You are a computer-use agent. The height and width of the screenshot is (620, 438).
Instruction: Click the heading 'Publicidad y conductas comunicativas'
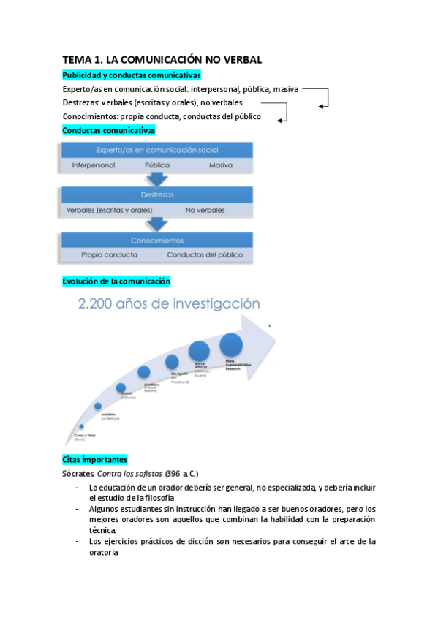132,75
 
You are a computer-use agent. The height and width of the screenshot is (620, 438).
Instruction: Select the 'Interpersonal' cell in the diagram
94,165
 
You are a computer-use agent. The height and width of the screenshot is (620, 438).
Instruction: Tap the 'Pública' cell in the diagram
157,165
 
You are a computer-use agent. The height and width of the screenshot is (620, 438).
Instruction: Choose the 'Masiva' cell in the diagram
220,165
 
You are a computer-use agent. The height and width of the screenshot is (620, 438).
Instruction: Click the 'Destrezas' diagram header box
157,194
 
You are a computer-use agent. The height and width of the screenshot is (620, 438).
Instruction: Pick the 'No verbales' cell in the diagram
205,210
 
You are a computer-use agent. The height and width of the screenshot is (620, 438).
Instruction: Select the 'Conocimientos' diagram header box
157,240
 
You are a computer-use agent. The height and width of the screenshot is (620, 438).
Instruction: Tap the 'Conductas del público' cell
205,255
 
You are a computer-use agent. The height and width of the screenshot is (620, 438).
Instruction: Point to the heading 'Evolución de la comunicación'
116,281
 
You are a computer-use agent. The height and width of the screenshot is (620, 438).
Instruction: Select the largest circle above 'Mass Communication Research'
231,344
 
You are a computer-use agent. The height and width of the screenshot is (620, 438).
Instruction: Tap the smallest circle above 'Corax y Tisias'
81,426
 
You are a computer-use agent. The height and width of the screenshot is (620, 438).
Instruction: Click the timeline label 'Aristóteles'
109,415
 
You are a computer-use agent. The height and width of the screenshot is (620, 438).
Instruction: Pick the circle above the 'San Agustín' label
172,361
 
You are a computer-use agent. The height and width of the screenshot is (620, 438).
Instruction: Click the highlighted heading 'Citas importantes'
95,459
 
